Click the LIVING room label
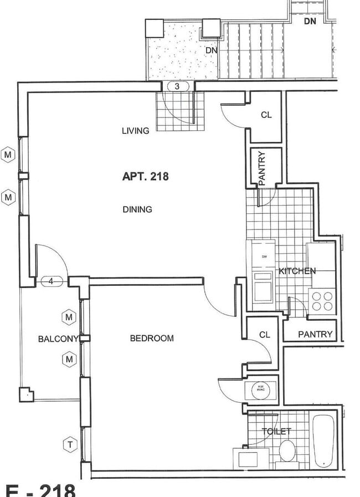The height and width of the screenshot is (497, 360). coord(135,131)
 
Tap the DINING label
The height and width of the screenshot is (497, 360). coord(137,209)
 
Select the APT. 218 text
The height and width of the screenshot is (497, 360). coord(145,177)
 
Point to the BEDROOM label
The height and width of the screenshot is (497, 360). coord(152,338)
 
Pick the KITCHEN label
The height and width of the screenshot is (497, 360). coord(297,271)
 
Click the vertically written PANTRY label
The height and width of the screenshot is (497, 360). coord(262,168)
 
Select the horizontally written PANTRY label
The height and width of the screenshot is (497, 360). coord(315,334)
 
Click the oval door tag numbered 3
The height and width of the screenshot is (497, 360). coord(177,86)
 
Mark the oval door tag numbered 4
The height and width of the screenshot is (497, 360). coord(51,281)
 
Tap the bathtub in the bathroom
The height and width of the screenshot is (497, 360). coord(322,441)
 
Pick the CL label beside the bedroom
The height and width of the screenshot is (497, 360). coord(265,335)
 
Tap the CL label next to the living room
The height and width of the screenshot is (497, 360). coord(266,115)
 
